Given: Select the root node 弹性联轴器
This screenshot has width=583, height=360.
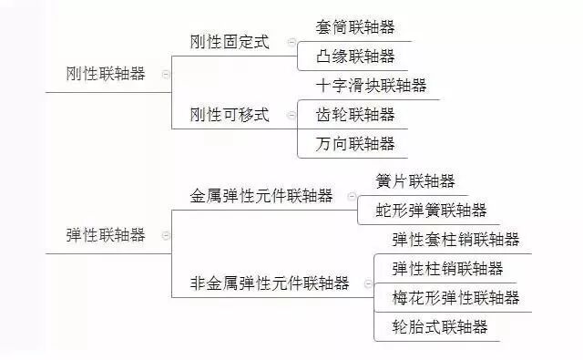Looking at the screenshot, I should [x=106, y=234].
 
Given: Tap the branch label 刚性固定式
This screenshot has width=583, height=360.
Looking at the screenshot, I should [x=230, y=42].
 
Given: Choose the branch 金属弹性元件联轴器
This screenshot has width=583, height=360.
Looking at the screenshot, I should [x=261, y=196].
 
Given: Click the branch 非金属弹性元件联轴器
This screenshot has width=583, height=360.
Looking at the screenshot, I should [x=270, y=283].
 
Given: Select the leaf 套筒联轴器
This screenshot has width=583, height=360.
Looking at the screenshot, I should [x=355, y=27].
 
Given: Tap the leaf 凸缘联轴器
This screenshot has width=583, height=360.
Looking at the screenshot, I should [x=355, y=57].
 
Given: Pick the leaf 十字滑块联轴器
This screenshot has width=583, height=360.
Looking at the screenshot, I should [x=371, y=86].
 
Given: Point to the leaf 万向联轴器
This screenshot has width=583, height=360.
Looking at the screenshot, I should [x=355, y=143].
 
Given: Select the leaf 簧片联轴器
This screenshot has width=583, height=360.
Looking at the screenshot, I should [x=415, y=181].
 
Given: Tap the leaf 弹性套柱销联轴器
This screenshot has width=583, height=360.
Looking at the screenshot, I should [x=455, y=240].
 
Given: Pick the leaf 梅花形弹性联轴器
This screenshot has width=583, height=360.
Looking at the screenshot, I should [x=455, y=297].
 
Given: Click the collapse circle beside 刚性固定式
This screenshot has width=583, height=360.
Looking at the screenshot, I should [x=291, y=42].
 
